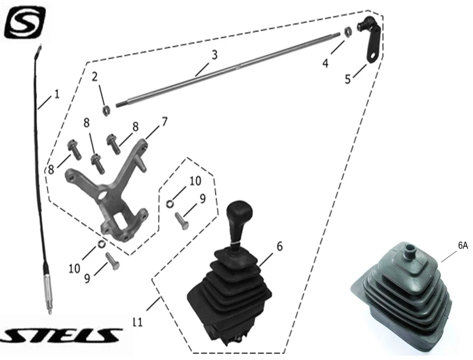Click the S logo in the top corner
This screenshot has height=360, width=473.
[x=25, y=22]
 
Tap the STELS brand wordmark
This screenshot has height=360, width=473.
[x=61, y=335]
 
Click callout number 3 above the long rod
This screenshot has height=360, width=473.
[x=214, y=55]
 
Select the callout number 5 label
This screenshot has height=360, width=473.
[x=348, y=79]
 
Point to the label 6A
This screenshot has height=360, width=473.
[x=463, y=246]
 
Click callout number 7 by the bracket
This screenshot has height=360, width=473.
[x=164, y=122]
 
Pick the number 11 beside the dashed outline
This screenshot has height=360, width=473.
[x=137, y=322]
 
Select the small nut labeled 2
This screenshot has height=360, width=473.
[x=106, y=111]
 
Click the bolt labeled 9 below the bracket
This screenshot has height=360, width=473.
[x=113, y=261]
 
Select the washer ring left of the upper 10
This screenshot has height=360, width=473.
[x=170, y=204]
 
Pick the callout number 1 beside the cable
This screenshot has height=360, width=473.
[x=56, y=94]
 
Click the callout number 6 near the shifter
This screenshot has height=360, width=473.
[x=279, y=246]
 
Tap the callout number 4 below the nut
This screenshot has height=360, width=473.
[x=325, y=63]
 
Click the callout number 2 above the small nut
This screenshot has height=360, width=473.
[x=95, y=77]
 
